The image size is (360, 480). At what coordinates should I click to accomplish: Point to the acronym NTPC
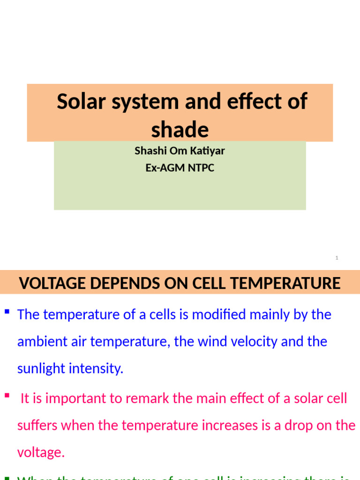tap(201, 168)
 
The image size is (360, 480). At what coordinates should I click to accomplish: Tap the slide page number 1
tap(337, 258)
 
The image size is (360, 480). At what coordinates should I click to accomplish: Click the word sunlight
tap(41, 368)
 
